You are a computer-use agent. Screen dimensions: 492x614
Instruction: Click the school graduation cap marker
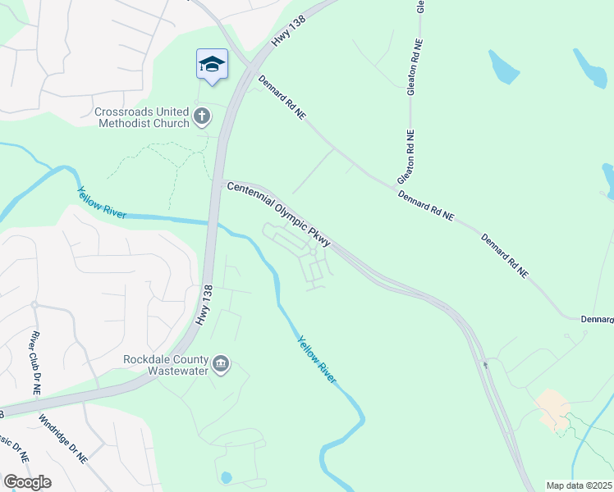click(x=212, y=65)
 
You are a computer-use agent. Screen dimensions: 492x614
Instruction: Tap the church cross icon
click(x=202, y=117)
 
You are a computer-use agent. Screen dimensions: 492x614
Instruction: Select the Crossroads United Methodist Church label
click(x=143, y=117)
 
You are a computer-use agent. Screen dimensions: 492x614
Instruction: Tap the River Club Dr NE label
click(x=34, y=364)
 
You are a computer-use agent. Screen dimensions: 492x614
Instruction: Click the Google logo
click(x=26, y=482)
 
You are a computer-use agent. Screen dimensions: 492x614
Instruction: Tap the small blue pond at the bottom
click(x=227, y=476)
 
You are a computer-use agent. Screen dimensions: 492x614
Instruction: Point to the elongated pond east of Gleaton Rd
click(x=503, y=67)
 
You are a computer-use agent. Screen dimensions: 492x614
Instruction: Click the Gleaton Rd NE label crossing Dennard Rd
click(x=406, y=156)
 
